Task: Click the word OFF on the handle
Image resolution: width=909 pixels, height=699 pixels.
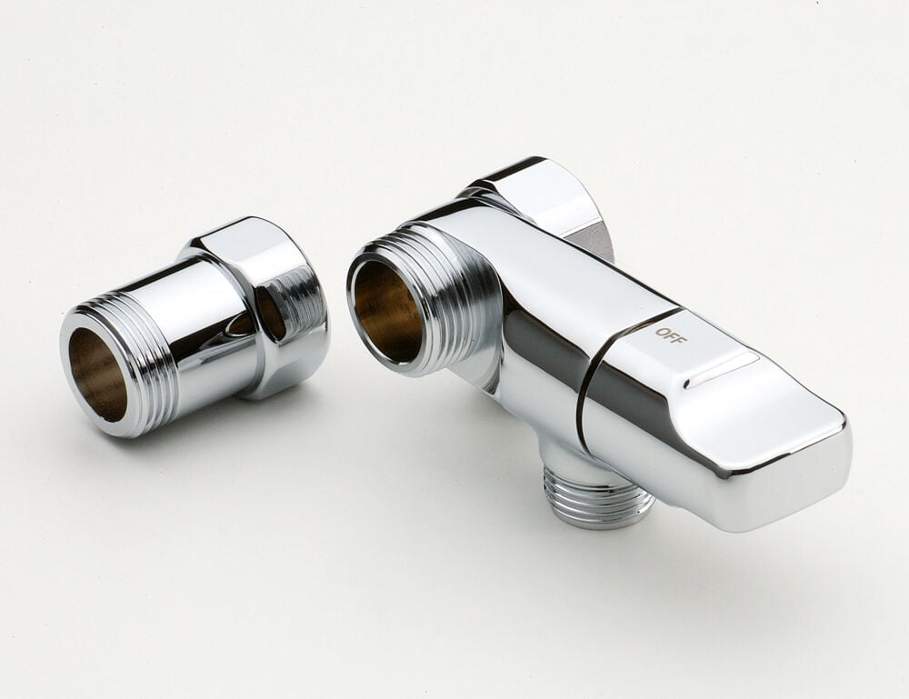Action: pos(672,335)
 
